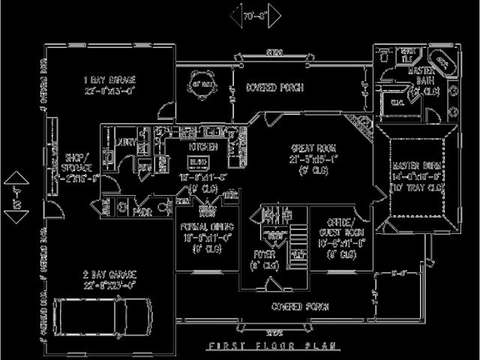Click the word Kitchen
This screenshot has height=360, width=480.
(x=198, y=147)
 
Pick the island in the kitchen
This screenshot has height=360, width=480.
(x=198, y=162)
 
